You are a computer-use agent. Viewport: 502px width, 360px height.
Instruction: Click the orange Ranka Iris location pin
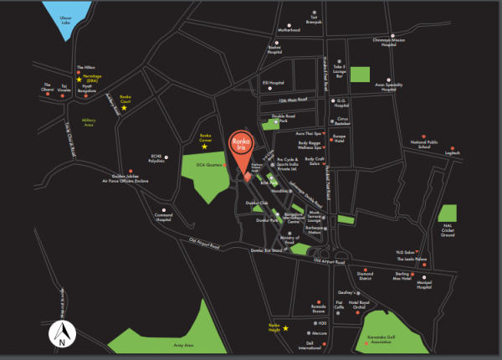click(246, 152)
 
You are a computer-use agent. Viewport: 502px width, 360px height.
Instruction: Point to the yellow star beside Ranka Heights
click(287, 329)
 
